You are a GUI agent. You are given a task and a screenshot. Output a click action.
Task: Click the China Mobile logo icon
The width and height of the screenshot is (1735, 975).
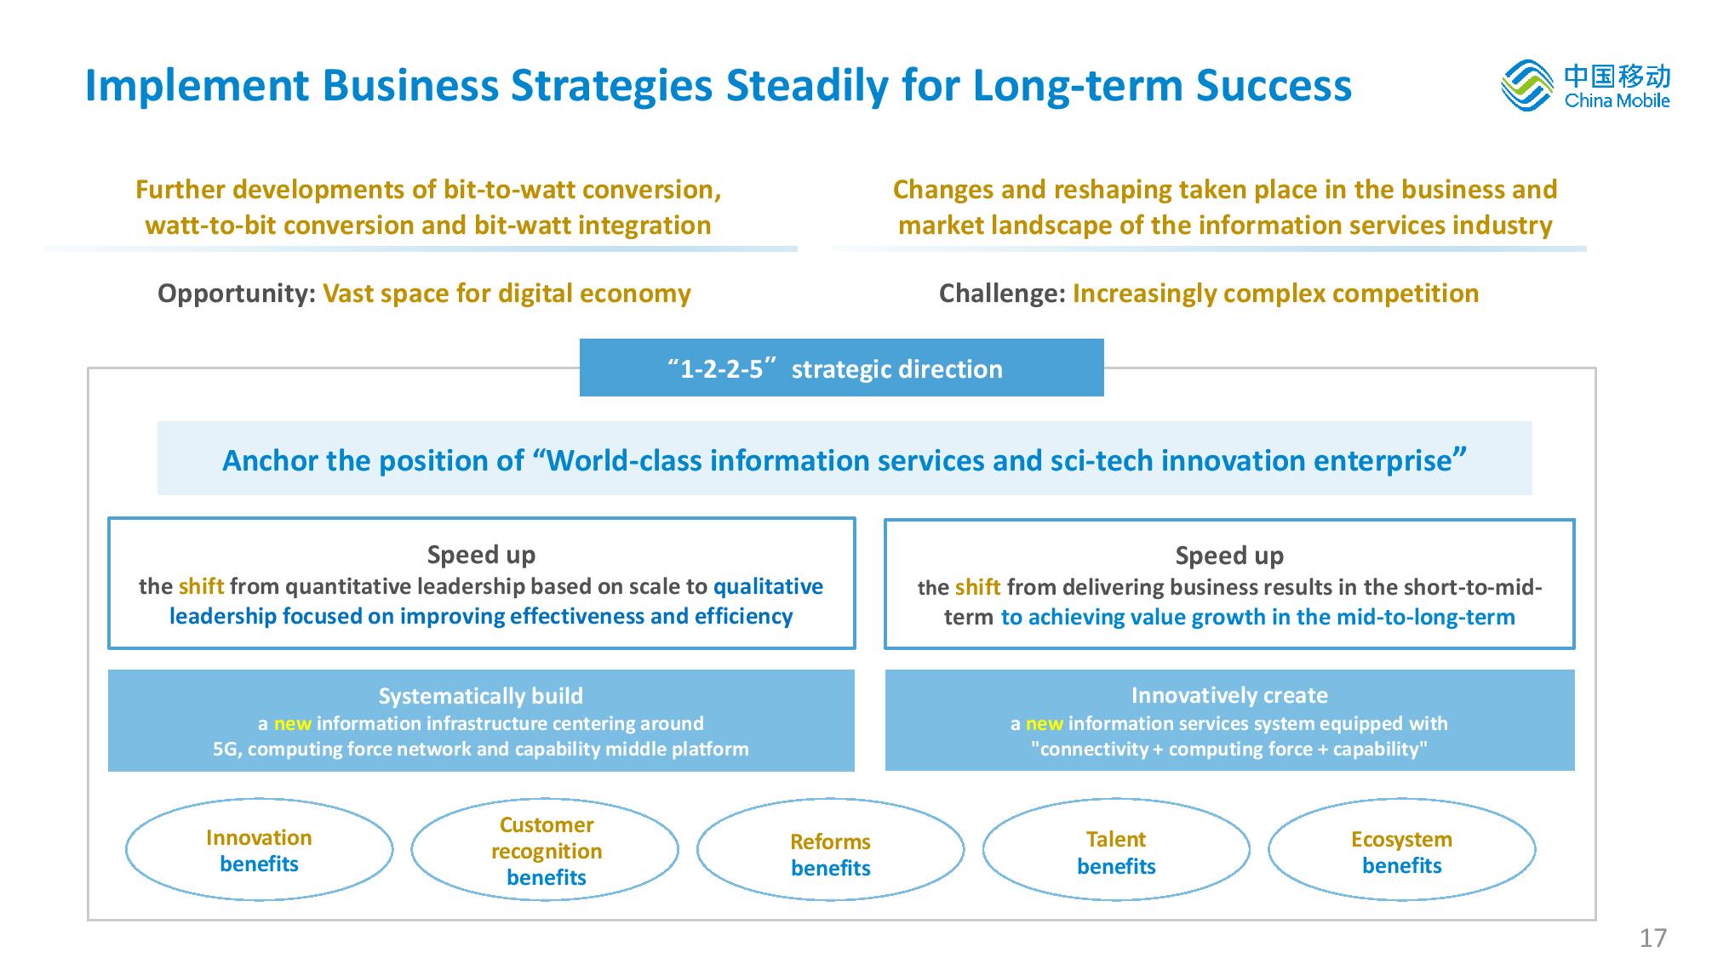click(x=1526, y=85)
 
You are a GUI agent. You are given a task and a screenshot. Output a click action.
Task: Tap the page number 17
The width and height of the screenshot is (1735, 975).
click(x=1652, y=938)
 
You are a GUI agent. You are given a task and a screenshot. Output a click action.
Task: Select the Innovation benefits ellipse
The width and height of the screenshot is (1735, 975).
click(x=260, y=799)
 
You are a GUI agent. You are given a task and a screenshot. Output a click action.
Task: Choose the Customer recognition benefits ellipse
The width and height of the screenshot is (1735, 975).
click(x=545, y=799)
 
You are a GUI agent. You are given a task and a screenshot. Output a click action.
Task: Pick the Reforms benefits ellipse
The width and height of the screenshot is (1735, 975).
click(x=831, y=799)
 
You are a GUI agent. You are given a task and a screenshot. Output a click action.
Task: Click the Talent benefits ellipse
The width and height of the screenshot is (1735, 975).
click(x=1116, y=799)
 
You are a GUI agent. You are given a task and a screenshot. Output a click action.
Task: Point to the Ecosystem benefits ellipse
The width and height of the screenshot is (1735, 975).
click(x=1402, y=799)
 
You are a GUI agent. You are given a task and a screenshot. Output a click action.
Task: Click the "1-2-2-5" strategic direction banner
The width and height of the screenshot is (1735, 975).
click(x=842, y=368)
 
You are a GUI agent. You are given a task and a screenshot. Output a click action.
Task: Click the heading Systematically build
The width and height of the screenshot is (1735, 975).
click(x=481, y=696)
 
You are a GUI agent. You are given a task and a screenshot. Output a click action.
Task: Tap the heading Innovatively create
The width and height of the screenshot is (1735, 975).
click(x=1229, y=695)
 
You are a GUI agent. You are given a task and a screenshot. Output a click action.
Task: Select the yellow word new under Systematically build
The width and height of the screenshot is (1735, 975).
click(x=292, y=724)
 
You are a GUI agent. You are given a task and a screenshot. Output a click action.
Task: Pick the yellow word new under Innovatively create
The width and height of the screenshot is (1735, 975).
click(x=1044, y=724)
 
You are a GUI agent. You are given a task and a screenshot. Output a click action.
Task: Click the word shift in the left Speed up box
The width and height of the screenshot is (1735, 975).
click(x=202, y=586)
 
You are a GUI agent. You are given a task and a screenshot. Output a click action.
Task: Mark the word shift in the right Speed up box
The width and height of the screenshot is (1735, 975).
click(x=978, y=587)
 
